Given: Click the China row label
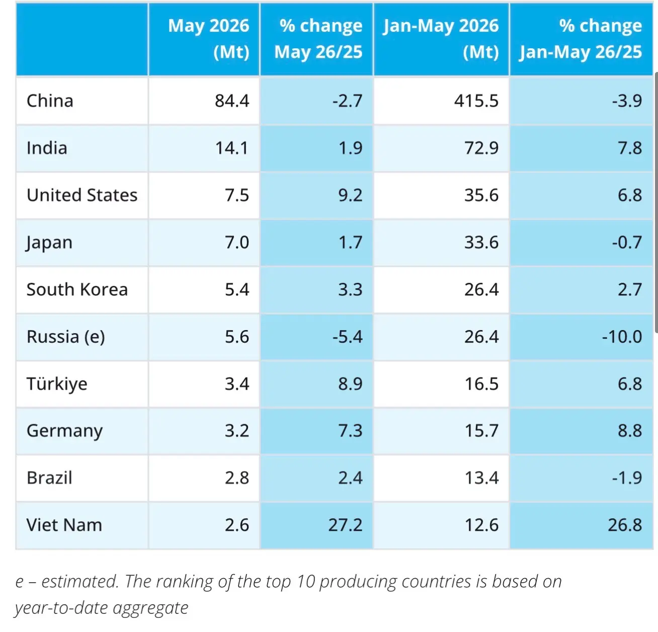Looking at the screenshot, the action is (50, 101).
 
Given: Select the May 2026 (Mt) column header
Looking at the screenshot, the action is (209, 39).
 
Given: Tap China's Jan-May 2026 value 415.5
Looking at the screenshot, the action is (476, 101).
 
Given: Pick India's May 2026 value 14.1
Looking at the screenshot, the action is (232, 148).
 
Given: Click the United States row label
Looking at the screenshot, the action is (82, 195).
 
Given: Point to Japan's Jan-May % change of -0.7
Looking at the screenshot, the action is (627, 242).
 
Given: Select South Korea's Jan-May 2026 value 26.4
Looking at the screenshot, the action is (481, 289).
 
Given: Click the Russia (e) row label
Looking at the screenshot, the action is (65, 337).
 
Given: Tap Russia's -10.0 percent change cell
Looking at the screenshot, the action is (622, 337).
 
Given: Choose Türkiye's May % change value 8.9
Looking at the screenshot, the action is (350, 383).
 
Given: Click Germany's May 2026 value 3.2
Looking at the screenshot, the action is (237, 430).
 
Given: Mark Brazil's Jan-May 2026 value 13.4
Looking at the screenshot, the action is (481, 478).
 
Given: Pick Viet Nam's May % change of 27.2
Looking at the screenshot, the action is (345, 525).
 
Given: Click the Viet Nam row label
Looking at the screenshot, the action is (64, 525).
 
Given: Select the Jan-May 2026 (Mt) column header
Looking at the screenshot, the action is (441, 39).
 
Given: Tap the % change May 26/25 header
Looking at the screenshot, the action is (318, 39).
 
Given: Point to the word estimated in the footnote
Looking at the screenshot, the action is (80, 581).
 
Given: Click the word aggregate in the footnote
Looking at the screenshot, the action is (150, 608).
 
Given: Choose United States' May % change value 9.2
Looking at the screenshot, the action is (350, 195).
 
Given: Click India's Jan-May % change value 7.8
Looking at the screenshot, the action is (630, 148).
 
